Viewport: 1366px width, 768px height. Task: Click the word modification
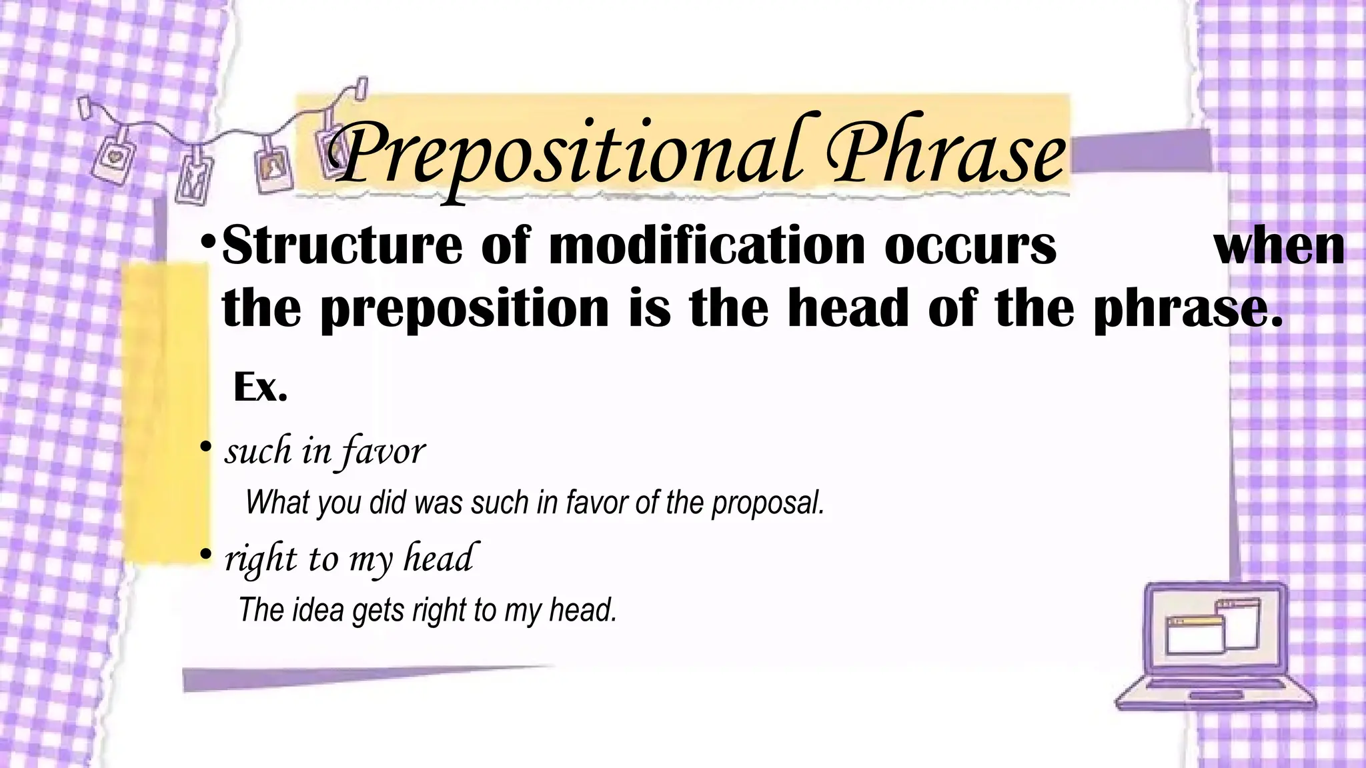tap(707, 246)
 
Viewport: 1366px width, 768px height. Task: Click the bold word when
tap(1279, 246)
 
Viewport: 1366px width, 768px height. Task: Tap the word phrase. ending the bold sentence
tap(1188, 309)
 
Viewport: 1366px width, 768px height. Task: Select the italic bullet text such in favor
tap(325, 451)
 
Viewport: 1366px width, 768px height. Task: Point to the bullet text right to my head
tap(349, 558)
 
